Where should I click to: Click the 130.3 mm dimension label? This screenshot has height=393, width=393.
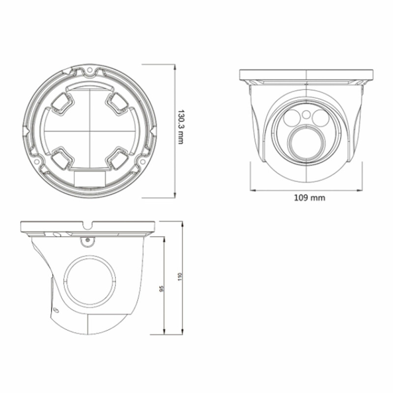point(181,127)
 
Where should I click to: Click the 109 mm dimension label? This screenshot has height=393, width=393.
point(309,198)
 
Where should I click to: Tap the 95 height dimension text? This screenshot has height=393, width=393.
point(162,288)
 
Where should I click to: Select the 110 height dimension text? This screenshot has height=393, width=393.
point(179,277)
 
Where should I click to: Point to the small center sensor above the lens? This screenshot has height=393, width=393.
point(306,115)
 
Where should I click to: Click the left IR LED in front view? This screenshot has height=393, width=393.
point(292,118)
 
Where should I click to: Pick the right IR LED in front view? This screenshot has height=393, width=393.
point(320,117)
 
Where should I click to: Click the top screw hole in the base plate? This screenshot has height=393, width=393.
point(89,70)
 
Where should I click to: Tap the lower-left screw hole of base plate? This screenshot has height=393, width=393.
point(37,161)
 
